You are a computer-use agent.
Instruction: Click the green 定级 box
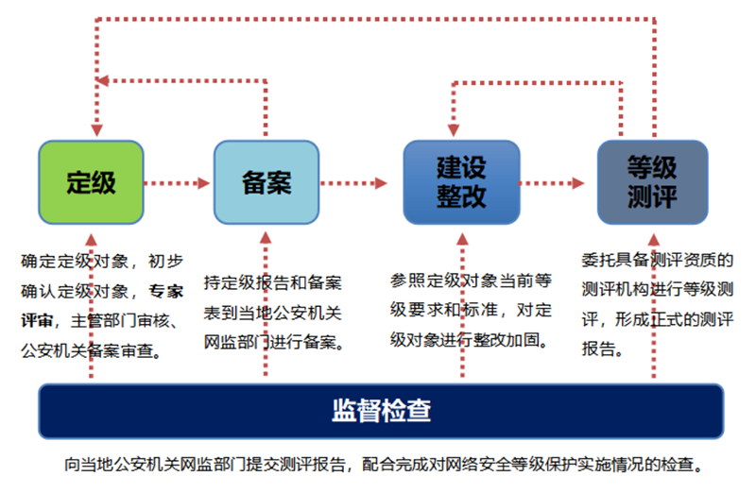[x=91, y=182]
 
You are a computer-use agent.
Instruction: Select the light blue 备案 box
[x=266, y=182]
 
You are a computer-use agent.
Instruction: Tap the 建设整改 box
[x=461, y=182]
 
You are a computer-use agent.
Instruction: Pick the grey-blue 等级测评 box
[x=652, y=182]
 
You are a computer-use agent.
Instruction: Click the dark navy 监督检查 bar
[x=381, y=411]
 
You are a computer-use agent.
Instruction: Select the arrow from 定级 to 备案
[x=177, y=183]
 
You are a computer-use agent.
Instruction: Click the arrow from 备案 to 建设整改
[x=353, y=183]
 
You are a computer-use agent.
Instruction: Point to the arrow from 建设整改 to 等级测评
[x=552, y=183]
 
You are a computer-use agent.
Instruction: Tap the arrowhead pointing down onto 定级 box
[x=97, y=130]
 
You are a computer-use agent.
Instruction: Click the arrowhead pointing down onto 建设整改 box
[x=454, y=130]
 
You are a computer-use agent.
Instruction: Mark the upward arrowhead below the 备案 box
[x=266, y=238]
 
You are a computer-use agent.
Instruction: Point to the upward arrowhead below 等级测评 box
[x=654, y=240]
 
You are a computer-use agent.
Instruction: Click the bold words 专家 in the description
[x=166, y=291]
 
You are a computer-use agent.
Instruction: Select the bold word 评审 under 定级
[x=37, y=320]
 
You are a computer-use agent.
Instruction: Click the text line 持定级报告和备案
[x=272, y=282]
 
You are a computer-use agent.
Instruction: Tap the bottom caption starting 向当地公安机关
[x=384, y=465]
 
